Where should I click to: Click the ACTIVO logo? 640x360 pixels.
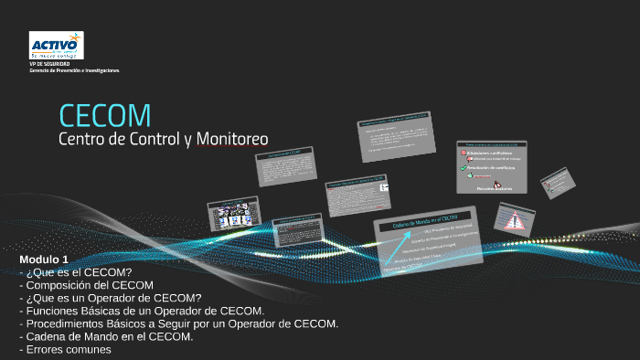pos(56,45)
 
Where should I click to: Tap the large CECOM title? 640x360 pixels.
pos(104,115)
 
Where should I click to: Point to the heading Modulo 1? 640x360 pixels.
pos(44,260)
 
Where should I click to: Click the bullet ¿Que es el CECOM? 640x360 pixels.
pos(79,272)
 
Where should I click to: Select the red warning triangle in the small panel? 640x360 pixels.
pos(514,219)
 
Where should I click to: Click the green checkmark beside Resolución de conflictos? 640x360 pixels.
pos(464,168)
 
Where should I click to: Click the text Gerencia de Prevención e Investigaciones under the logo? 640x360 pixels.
pos(74,70)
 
